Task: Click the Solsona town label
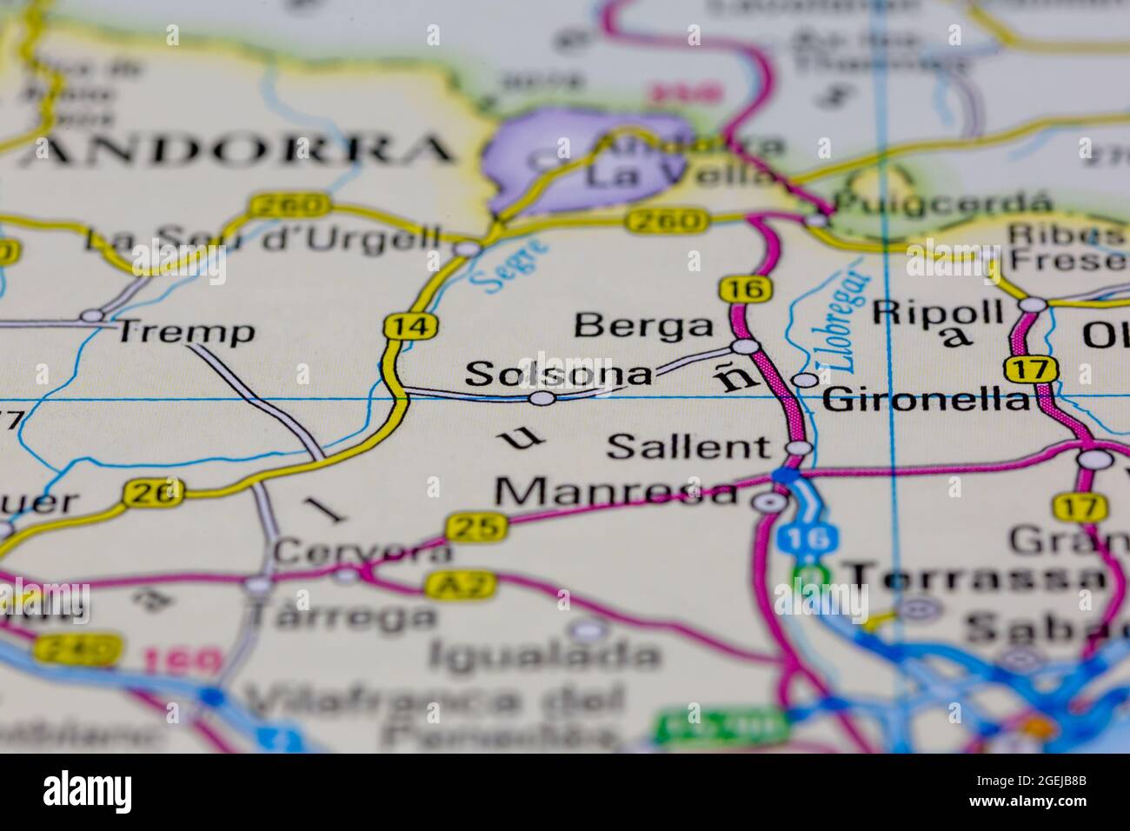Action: click(559, 374)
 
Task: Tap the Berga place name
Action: click(643, 326)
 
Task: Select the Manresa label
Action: click(615, 492)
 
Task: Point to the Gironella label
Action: click(923, 400)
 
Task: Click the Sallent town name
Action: click(688, 447)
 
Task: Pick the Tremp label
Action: click(186, 331)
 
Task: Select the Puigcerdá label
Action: click(942, 203)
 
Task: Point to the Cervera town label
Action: click(362, 551)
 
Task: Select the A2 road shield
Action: click(449, 584)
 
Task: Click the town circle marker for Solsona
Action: click(542, 398)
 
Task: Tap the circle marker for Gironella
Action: click(807, 380)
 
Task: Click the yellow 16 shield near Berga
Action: click(746, 290)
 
